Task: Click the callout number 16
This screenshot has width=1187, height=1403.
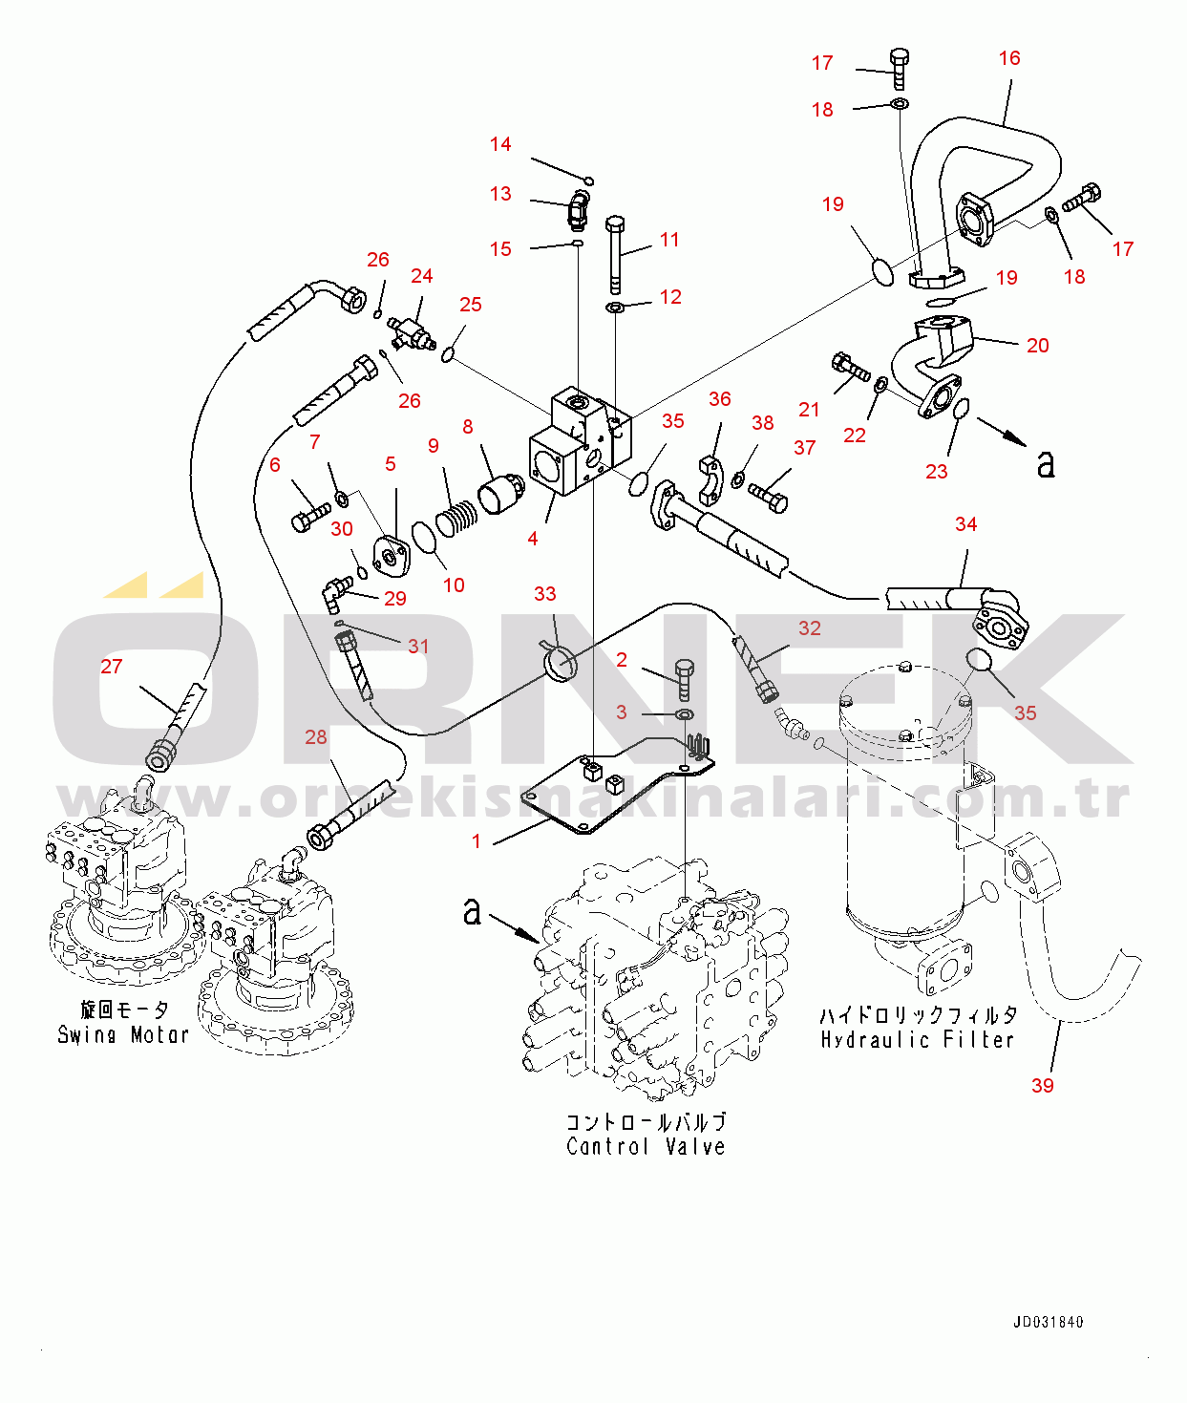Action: (x=1009, y=58)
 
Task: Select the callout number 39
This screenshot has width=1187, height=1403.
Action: (x=1043, y=1085)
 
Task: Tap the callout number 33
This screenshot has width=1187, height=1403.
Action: (x=544, y=594)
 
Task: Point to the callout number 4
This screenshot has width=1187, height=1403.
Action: (x=533, y=539)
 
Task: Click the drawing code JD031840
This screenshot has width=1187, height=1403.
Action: (x=1048, y=1323)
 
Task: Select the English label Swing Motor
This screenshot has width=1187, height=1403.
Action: (x=123, y=1034)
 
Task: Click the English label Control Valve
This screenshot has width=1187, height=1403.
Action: (x=646, y=1146)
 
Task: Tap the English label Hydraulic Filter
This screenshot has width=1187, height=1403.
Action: (x=917, y=1039)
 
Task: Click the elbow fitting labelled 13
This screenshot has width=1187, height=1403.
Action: (x=578, y=209)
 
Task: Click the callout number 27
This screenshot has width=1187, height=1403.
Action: (x=112, y=667)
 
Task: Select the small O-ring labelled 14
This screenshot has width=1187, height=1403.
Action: (x=589, y=181)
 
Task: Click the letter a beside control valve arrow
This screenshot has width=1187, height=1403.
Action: (x=472, y=911)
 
